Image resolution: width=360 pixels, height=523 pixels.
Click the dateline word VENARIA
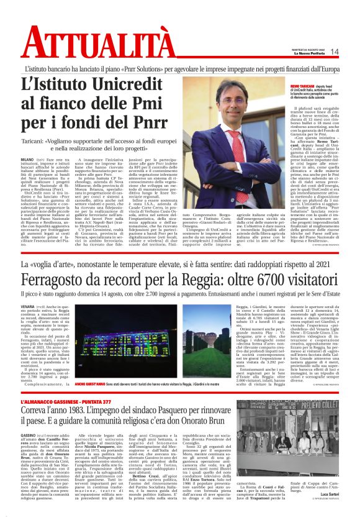point(28,307)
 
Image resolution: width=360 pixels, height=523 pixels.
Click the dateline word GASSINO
point(28,436)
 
